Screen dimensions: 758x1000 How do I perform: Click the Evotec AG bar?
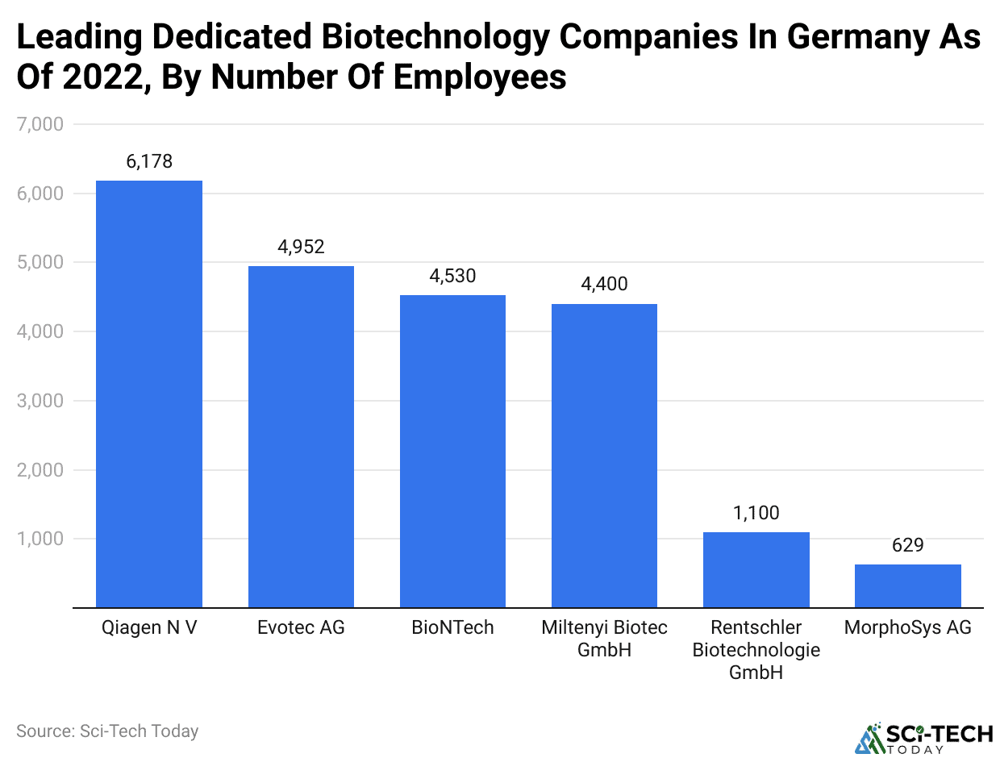tap(301, 436)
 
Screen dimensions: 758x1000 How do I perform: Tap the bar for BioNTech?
tap(452, 451)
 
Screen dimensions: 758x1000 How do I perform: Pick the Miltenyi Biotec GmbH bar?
tap(604, 456)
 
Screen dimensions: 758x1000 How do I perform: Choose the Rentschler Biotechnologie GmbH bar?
tap(756, 569)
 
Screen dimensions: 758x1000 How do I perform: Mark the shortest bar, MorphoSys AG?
tap(907, 585)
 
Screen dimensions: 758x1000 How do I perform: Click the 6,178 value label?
tap(149, 161)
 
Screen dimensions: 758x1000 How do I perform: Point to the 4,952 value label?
tap(301, 247)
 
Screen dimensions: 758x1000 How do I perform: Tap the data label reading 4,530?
tap(452, 276)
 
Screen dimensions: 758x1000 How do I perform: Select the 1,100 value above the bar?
tap(756, 513)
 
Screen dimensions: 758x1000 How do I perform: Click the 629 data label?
tap(907, 545)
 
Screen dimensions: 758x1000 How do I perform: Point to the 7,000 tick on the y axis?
tap(40, 125)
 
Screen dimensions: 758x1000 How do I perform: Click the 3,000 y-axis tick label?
tap(40, 401)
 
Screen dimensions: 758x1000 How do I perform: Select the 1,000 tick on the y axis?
tap(40, 539)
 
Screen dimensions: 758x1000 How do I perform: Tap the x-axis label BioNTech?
tap(452, 627)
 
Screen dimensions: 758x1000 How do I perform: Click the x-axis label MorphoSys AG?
tap(907, 627)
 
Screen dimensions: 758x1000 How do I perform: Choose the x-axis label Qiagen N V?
tap(149, 627)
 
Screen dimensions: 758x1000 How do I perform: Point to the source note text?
tap(107, 731)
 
